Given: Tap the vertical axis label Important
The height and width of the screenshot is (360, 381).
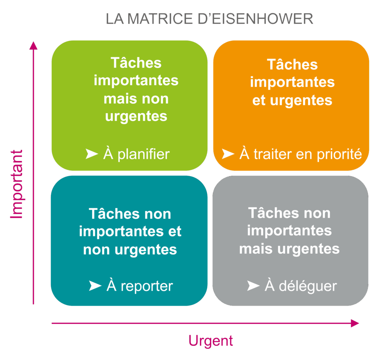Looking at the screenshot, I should (17, 184).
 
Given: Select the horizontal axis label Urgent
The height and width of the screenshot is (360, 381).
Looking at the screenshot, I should (211, 341).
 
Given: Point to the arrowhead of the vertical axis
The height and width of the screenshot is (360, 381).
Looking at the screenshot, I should (33, 45).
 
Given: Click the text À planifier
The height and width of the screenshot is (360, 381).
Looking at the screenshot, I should (136, 154).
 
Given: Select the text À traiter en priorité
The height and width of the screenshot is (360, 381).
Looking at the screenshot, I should (301, 154).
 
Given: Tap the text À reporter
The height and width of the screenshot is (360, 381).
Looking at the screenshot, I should (140, 286).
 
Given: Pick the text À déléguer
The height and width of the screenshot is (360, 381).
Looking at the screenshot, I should (301, 286).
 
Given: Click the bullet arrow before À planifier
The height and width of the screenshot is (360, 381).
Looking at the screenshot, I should (92, 154).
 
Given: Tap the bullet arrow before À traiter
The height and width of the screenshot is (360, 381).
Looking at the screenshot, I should (228, 154).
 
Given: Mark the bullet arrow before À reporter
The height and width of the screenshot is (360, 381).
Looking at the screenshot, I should (95, 286).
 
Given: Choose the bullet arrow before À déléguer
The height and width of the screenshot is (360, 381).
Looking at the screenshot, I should (253, 286).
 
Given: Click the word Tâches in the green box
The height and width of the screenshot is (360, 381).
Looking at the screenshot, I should (136, 63).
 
